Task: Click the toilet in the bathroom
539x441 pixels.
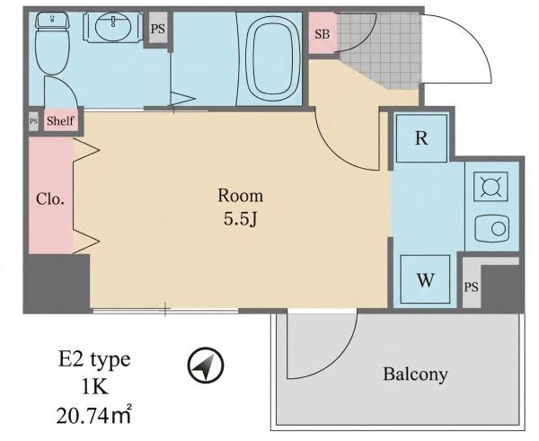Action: [52, 43]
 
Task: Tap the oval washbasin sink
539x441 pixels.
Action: [113, 26]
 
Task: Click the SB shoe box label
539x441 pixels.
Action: [323, 34]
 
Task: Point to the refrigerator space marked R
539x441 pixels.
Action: [421, 138]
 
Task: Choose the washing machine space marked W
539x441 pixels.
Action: [425, 279]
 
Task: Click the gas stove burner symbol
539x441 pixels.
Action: [490, 187]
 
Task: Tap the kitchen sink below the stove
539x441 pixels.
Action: [491, 228]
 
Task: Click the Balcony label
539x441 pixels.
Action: [415, 375]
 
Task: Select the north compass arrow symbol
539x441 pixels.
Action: [206, 365]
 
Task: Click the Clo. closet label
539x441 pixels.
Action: [50, 198]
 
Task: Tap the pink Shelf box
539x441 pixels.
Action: [60, 120]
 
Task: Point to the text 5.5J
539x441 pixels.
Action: [240, 218]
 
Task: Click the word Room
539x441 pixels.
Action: [240, 196]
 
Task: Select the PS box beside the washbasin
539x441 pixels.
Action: [158, 28]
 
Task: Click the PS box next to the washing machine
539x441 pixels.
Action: [472, 285]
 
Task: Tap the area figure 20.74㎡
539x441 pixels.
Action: [93, 415]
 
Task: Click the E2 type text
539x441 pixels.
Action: [94, 360]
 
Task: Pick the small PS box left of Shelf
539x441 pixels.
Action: [33, 121]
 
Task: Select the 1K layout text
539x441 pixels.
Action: [95, 388]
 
